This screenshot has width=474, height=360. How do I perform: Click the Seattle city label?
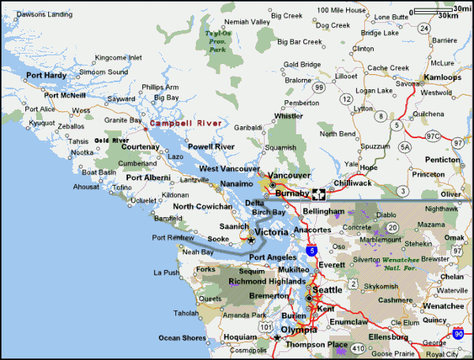tap(328, 290)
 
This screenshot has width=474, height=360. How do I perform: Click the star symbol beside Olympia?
tap(276, 338)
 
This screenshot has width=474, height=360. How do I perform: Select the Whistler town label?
tap(288, 116)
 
